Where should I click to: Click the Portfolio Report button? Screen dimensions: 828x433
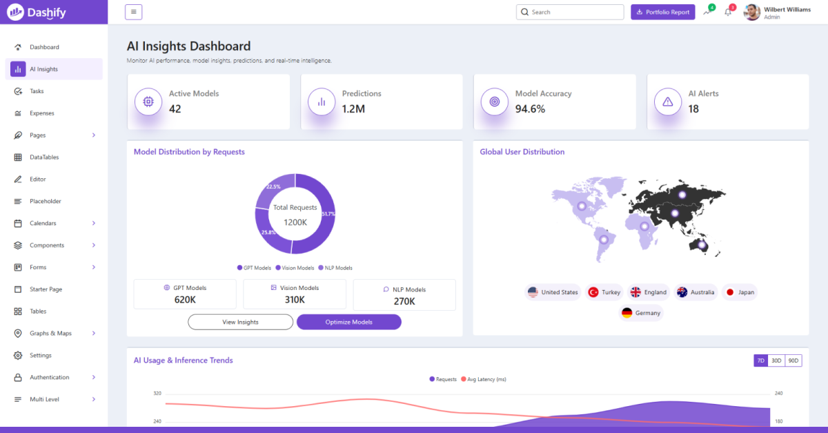coord(663,12)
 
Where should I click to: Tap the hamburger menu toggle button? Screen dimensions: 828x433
coord(133,12)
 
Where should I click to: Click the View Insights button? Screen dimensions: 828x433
coord(240,322)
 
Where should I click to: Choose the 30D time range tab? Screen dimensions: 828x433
coord(776,360)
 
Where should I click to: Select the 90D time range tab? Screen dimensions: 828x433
coord(793,360)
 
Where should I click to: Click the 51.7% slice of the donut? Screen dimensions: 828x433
coord(322,222)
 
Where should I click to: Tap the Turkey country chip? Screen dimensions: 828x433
coord(604,292)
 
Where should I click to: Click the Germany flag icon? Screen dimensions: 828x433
coord(627,313)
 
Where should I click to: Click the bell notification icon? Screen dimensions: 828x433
coord(728,12)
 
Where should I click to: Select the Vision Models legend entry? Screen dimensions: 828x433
coord(295,268)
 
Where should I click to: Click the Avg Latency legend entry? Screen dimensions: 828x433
coord(484,379)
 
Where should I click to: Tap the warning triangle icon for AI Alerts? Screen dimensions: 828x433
coord(668,102)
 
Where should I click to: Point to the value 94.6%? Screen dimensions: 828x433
coord(530,109)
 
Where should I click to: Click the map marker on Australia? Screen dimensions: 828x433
coord(702,244)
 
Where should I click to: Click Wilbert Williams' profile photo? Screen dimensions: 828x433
coord(752,12)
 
